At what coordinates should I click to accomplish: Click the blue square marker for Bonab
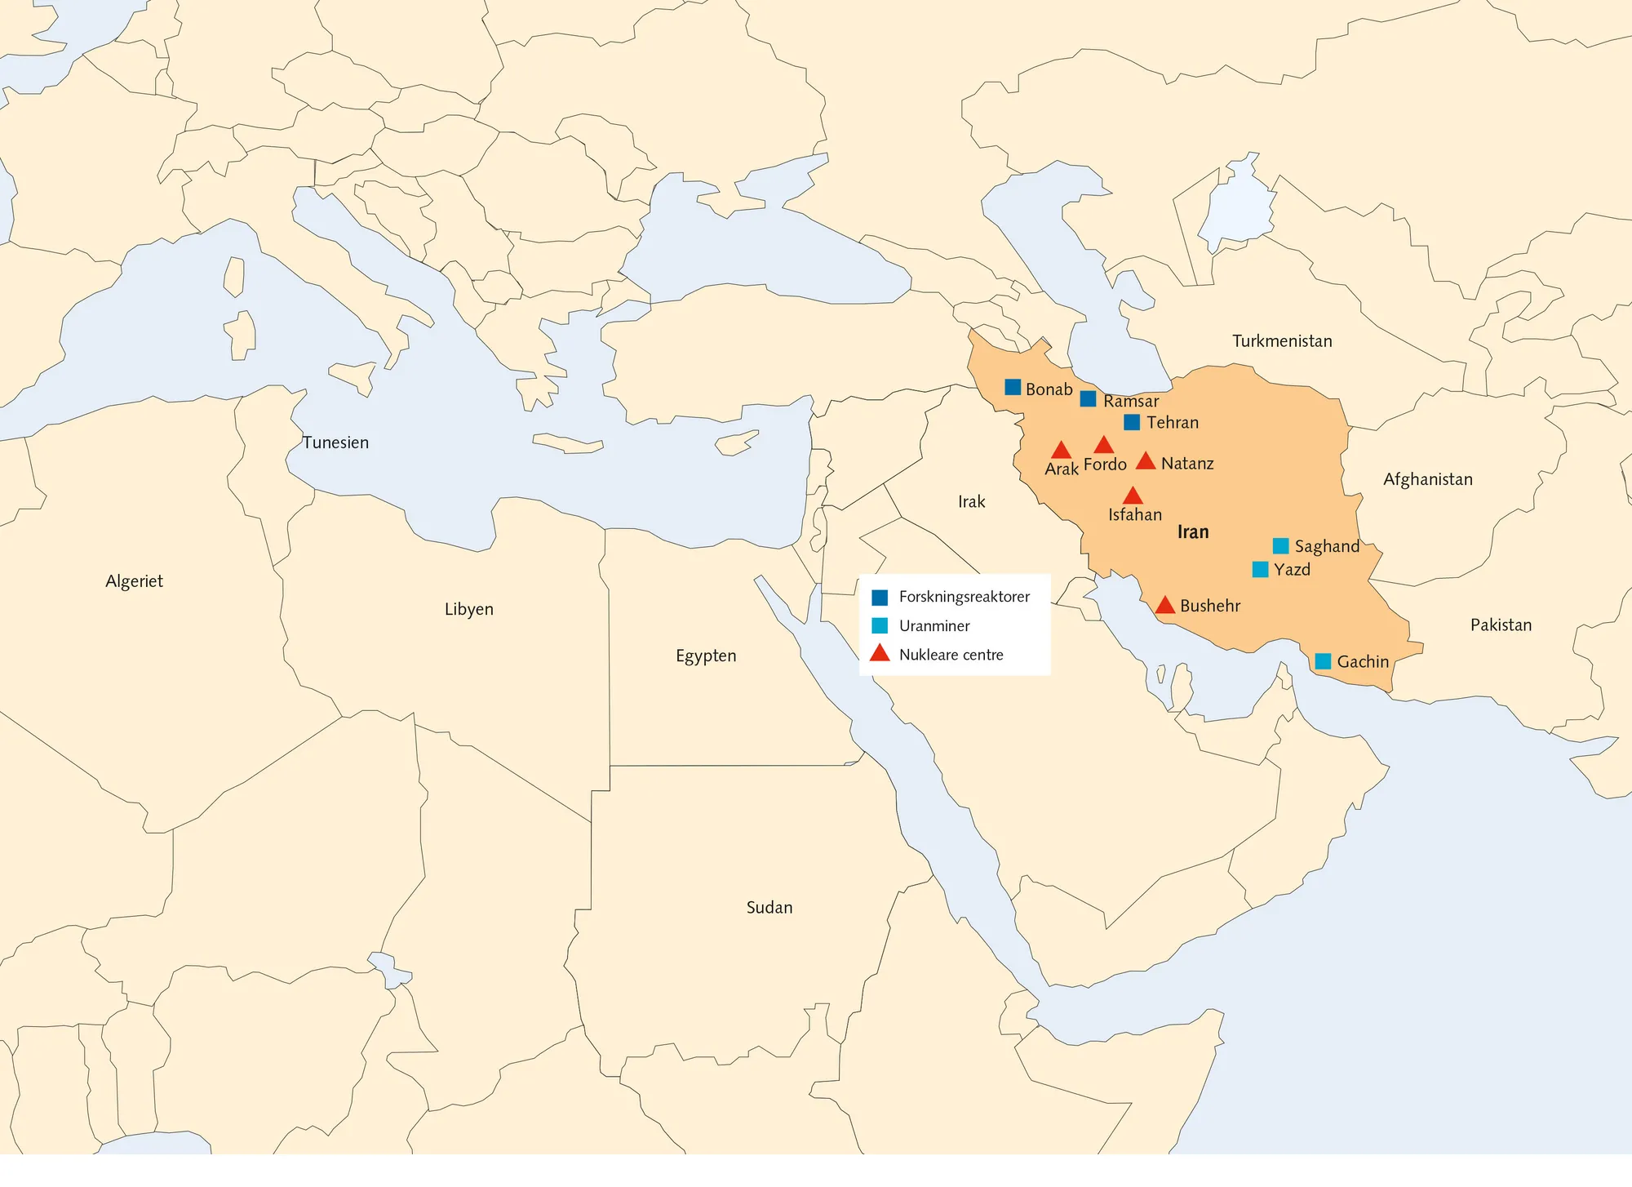point(1013,387)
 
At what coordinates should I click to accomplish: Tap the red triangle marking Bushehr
point(1165,606)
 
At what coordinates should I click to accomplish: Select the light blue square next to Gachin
point(1324,661)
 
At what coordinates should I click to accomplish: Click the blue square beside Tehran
point(1132,422)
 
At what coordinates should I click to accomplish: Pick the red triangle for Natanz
point(1146,462)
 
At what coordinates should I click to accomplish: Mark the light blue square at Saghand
point(1281,545)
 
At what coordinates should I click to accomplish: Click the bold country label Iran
point(1193,532)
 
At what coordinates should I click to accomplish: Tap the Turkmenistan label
point(1282,341)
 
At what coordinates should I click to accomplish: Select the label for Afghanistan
point(1428,479)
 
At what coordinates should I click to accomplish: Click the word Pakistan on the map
point(1501,625)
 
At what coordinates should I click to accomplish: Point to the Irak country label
point(971,502)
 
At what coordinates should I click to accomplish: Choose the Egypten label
point(706,656)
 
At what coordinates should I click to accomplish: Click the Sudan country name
point(769,907)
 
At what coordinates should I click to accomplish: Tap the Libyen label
point(468,609)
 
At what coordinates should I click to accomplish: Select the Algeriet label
point(134,581)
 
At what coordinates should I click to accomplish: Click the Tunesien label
point(335,442)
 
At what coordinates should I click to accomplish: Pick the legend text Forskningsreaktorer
point(964,597)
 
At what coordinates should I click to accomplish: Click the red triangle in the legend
point(880,654)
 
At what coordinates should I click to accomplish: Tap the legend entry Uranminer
point(934,626)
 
